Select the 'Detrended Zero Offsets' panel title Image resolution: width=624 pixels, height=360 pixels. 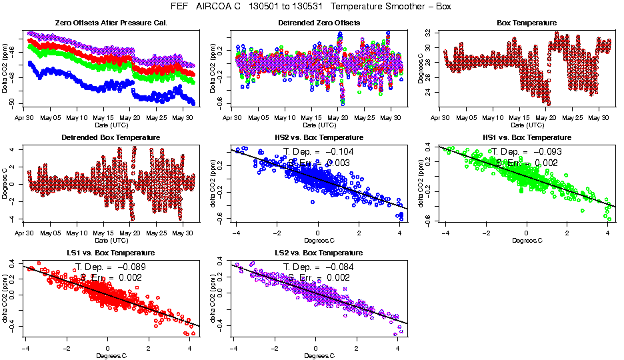point(319,23)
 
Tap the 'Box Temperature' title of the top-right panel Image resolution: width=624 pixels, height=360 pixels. point(527,23)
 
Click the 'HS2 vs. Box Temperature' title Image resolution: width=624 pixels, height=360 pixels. point(319,138)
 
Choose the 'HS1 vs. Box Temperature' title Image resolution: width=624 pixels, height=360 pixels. point(527,138)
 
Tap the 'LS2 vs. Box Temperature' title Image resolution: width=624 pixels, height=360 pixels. point(319,253)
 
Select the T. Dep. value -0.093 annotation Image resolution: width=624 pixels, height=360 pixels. point(526,152)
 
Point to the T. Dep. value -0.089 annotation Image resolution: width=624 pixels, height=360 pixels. point(110,267)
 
